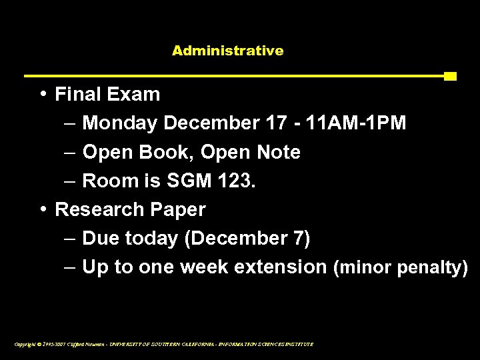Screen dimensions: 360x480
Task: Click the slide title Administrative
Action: pyautogui.click(x=227, y=51)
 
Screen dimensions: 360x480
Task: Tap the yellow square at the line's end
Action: pyautogui.click(x=450, y=76)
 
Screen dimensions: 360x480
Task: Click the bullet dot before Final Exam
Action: pyautogui.click(x=43, y=94)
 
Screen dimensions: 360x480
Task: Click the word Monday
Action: pyautogui.click(x=120, y=124)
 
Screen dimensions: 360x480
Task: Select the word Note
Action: pyautogui.click(x=277, y=153)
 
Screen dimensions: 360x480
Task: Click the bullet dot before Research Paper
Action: pyautogui.click(x=43, y=209)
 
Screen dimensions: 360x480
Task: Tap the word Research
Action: pyautogui.click(x=100, y=210)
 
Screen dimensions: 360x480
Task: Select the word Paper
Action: pyautogui.click(x=178, y=210)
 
